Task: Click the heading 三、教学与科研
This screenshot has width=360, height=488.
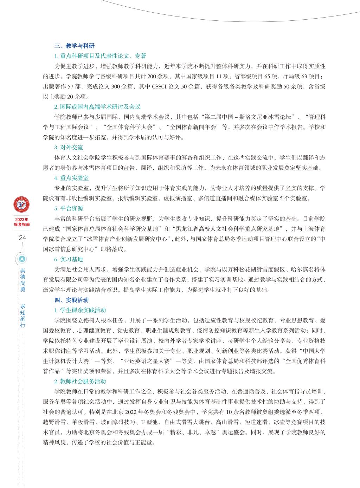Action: point(75,46)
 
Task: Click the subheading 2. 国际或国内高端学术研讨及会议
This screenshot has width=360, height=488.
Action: point(97,107)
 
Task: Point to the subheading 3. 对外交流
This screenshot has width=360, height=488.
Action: point(69,148)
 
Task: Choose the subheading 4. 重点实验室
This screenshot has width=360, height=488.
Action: point(71,178)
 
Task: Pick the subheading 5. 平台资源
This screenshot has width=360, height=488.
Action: point(69,208)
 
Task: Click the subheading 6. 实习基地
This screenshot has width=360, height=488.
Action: point(69,259)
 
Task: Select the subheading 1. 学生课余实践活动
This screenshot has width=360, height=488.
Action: point(80,310)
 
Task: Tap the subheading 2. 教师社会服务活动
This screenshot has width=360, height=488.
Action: point(80,381)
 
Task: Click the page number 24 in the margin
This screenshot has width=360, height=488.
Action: point(22,238)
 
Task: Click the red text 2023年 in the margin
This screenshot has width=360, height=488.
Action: point(22,219)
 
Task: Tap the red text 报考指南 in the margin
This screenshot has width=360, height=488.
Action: point(22,224)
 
